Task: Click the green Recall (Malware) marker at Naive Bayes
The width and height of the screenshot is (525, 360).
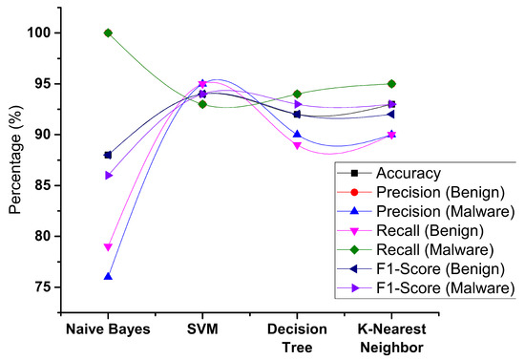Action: point(108,32)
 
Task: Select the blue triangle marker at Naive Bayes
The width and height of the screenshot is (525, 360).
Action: point(108,276)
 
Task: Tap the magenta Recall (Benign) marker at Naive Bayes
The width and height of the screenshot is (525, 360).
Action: point(108,246)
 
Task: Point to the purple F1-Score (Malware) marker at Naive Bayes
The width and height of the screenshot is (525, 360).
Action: point(108,175)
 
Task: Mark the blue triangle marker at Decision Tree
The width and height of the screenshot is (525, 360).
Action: point(297,135)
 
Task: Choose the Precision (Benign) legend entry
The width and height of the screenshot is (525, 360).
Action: point(426,192)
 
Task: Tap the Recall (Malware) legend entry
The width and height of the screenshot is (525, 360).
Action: point(426,248)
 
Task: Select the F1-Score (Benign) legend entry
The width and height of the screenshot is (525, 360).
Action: point(426,267)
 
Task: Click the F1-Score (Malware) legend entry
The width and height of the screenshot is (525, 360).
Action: point(426,286)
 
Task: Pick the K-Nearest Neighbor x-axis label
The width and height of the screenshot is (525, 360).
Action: point(391,337)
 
